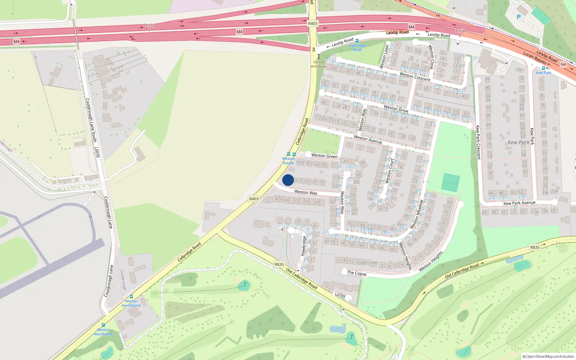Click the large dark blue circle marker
pos(288,180)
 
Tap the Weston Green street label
pos(324,156)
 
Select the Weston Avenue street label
pos(368,139)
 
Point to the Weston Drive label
pos(396,108)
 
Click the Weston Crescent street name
pos(415,77)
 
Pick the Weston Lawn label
pos(384,57)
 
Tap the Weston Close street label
pos(431,57)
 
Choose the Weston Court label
pos(390,171)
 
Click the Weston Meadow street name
pos(416,215)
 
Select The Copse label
pos(356,273)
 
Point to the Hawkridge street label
pos(303,246)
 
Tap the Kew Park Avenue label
pos(519,203)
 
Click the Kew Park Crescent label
pos(478,142)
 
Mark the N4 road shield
pos(563,64)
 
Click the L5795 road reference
pos(340,295)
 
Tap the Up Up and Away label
pos(319,64)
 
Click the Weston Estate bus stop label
pos(288,161)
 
